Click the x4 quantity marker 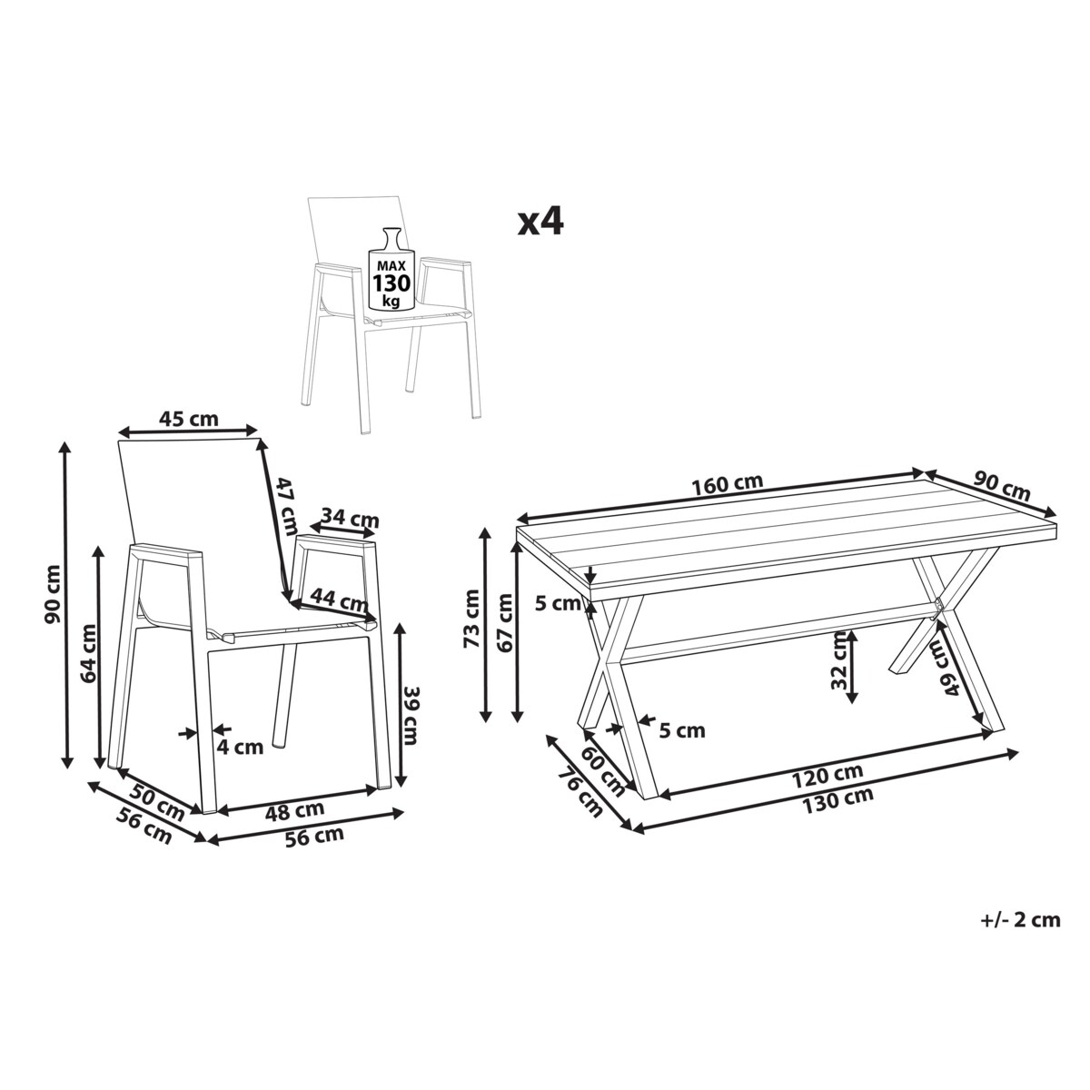(540, 223)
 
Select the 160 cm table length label (727, 483)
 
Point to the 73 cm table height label (471, 619)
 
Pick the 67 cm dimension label (505, 622)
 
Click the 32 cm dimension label (839, 660)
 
